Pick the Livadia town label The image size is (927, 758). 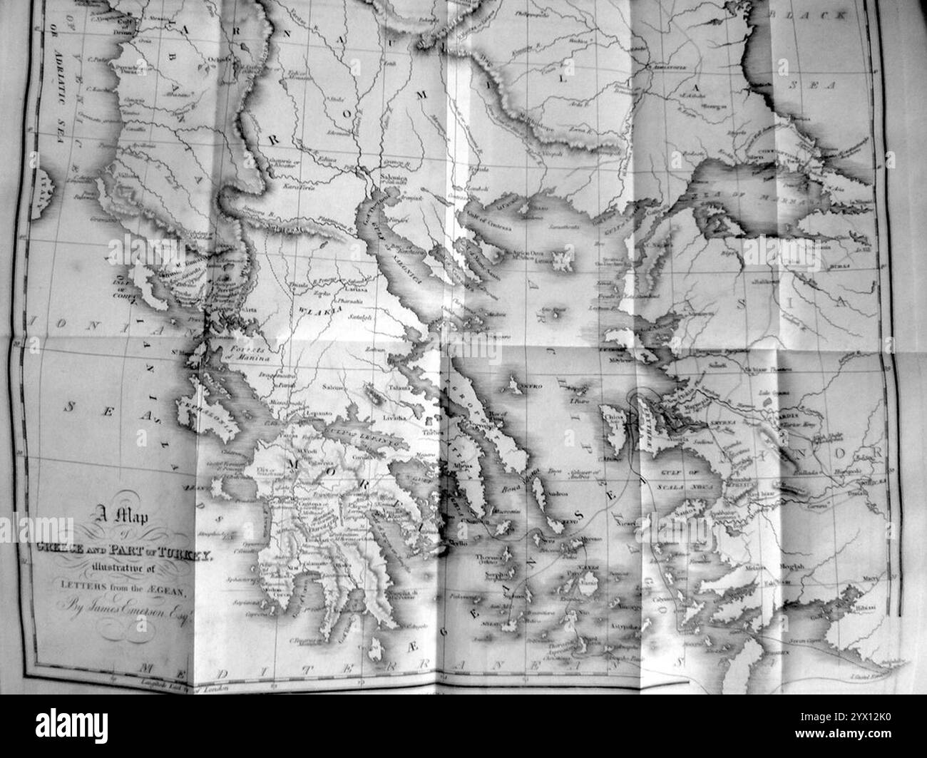(394, 417)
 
